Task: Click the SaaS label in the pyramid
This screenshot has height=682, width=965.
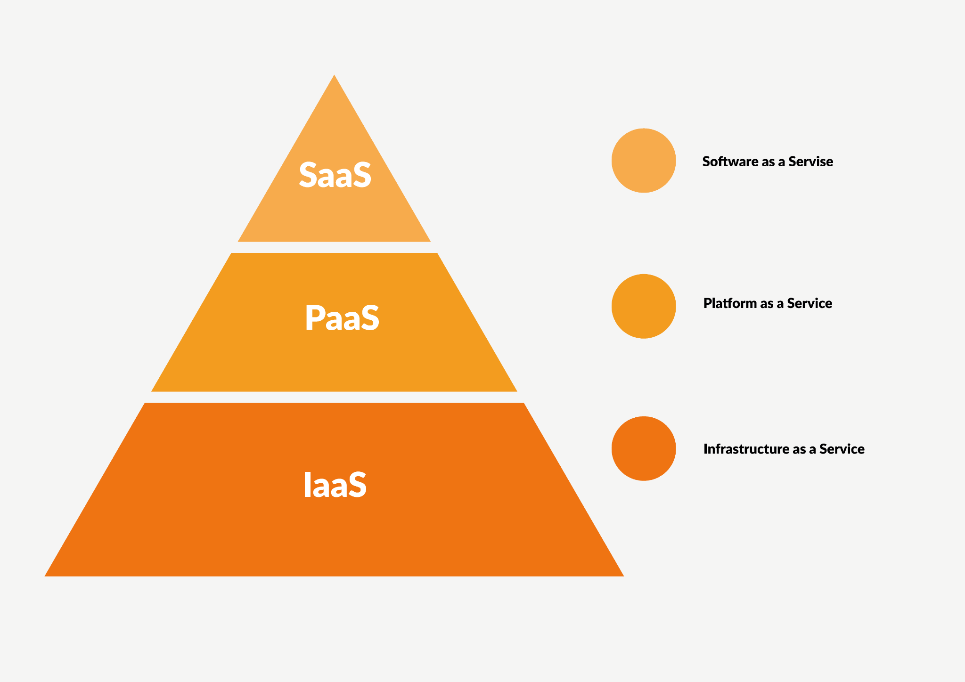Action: pos(335,175)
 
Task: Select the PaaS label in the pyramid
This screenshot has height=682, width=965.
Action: pos(342,318)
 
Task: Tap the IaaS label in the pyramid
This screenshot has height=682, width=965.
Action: pos(335,485)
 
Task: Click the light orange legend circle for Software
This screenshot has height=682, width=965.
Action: pos(643,161)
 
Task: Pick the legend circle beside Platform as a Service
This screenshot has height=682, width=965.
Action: pos(643,306)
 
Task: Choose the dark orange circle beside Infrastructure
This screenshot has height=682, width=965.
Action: pos(643,448)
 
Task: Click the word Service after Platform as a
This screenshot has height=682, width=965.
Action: pos(810,303)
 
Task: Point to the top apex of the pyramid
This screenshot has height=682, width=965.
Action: pos(334,77)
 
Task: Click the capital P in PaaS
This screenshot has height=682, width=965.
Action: pos(314,318)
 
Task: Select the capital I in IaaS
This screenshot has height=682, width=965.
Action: pos(306,485)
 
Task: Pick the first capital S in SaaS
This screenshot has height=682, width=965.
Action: pos(309,175)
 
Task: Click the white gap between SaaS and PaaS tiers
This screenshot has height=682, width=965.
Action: pos(334,247)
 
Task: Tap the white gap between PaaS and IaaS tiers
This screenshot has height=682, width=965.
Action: pos(334,397)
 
